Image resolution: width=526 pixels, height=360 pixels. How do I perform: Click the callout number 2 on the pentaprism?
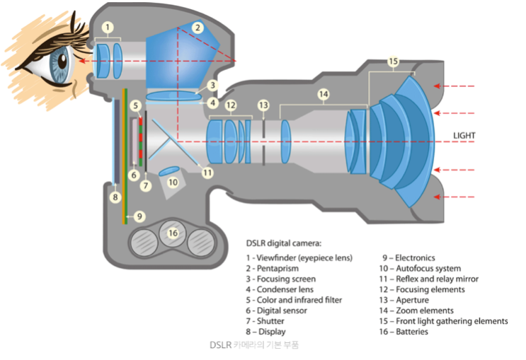198,28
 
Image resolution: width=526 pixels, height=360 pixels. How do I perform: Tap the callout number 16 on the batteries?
172,232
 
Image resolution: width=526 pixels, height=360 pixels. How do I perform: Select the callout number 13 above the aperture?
263,105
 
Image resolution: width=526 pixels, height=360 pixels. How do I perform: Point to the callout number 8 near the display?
115,197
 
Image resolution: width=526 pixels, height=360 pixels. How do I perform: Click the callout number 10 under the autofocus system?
172,182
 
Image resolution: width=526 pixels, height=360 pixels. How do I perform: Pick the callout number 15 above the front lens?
394,62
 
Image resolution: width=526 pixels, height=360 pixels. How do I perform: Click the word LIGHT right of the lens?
464,135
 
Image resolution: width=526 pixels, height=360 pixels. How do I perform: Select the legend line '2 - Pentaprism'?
273,269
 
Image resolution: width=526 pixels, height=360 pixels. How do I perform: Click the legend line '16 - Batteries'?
404,331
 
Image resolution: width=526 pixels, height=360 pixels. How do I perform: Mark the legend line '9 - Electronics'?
408,258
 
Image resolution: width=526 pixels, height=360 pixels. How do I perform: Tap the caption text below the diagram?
254,345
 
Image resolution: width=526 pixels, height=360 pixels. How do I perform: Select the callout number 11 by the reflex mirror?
207,172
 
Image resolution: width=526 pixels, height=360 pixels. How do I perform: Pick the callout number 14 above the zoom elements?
324,93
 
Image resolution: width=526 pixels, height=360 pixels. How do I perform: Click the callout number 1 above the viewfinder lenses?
108,28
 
